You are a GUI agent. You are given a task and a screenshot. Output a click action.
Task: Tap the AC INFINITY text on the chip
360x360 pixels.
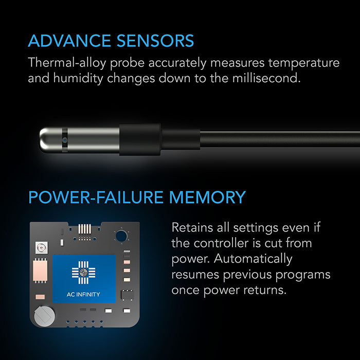pyautogui.click(x=84, y=295)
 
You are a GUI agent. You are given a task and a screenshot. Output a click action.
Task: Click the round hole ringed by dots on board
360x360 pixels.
pyautogui.click(x=122, y=236)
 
